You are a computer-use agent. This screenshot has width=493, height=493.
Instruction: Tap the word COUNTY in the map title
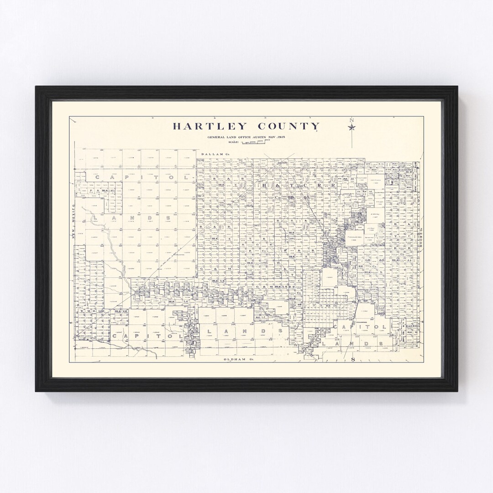coord(289,126)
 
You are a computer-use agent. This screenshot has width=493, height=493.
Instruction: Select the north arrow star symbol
coord(351,127)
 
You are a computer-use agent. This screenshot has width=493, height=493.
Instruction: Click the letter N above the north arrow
coord(351,121)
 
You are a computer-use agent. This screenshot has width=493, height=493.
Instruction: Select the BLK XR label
coord(121,311)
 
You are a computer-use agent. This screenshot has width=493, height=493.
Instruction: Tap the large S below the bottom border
coord(352,360)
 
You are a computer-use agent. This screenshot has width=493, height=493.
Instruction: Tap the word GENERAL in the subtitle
coord(216,137)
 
